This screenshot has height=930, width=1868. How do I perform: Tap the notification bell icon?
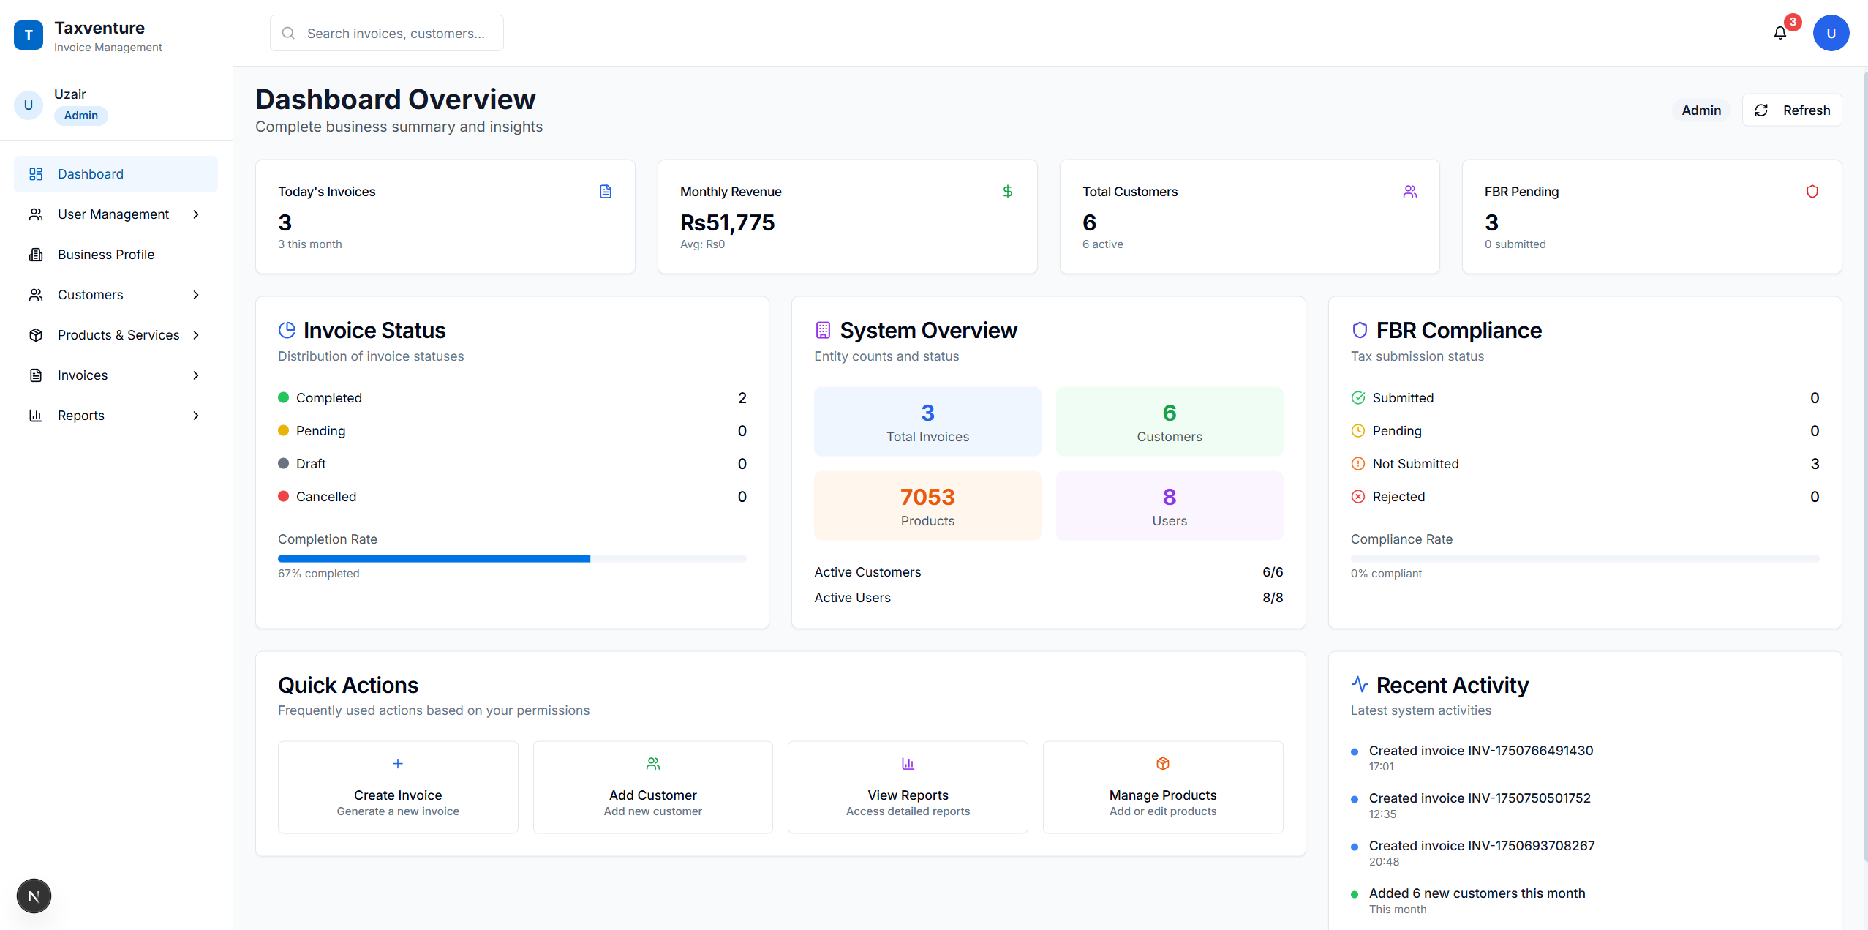tap(1780, 33)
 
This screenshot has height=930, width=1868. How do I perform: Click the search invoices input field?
tap(395, 34)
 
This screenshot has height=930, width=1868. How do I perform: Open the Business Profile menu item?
tap(106, 255)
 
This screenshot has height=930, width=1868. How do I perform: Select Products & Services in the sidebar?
tap(118, 335)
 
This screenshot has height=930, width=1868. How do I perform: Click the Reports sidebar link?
tap(80, 416)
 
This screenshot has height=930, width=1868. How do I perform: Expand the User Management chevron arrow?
tap(195, 214)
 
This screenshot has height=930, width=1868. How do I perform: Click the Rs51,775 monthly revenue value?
tap(727, 222)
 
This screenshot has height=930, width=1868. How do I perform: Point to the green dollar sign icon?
tap(1007, 192)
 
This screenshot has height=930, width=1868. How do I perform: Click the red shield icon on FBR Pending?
tap(1812, 192)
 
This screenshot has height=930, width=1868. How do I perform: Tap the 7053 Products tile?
tap(927, 506)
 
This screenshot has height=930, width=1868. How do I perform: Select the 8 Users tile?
tap(1169, 506)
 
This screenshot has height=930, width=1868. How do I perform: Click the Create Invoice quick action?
tap(398, 787)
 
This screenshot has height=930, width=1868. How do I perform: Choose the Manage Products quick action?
tap(1162, 787)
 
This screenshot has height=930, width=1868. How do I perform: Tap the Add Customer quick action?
tap(652, 787)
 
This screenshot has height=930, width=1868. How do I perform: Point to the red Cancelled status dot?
tap(284, 496)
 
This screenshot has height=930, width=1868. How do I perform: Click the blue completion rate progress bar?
tap(434, 559)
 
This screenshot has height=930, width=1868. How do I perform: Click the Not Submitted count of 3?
tap(1814, 464)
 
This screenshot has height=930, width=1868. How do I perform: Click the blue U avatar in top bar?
tap(1830, 34)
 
